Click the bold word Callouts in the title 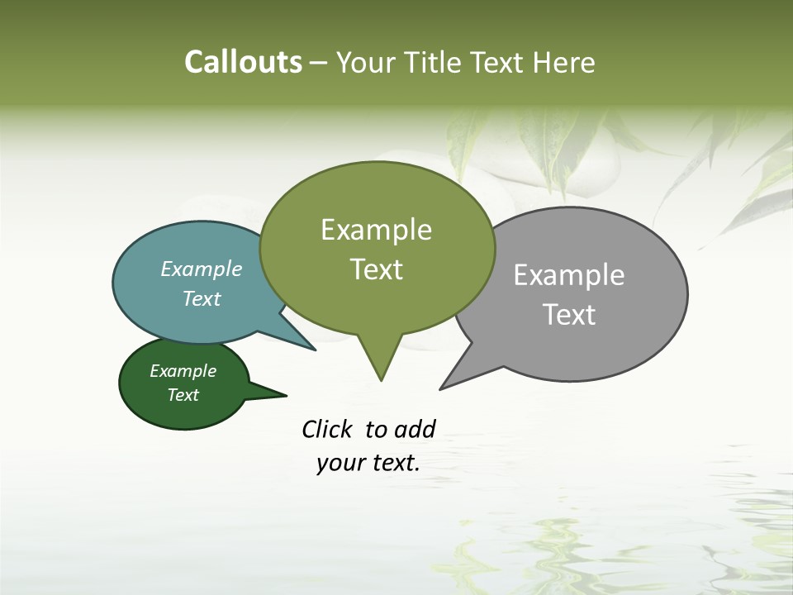(x=243, y=62)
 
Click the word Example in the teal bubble (x=202, y=269)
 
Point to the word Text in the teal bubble (x=202, y=298)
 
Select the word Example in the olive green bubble (x=376, y=230)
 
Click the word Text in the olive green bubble (x=377, y=269)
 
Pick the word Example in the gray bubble (x=569, y=274)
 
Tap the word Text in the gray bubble (x=569, y=314)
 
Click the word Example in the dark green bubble (x=183, y=371)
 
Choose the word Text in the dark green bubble (x=183, y=395)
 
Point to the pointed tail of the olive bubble (x=381, y=368)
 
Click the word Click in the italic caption (x=327, y=429)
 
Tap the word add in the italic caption (x=415, y=429)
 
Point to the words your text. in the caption (x=368, y=463)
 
